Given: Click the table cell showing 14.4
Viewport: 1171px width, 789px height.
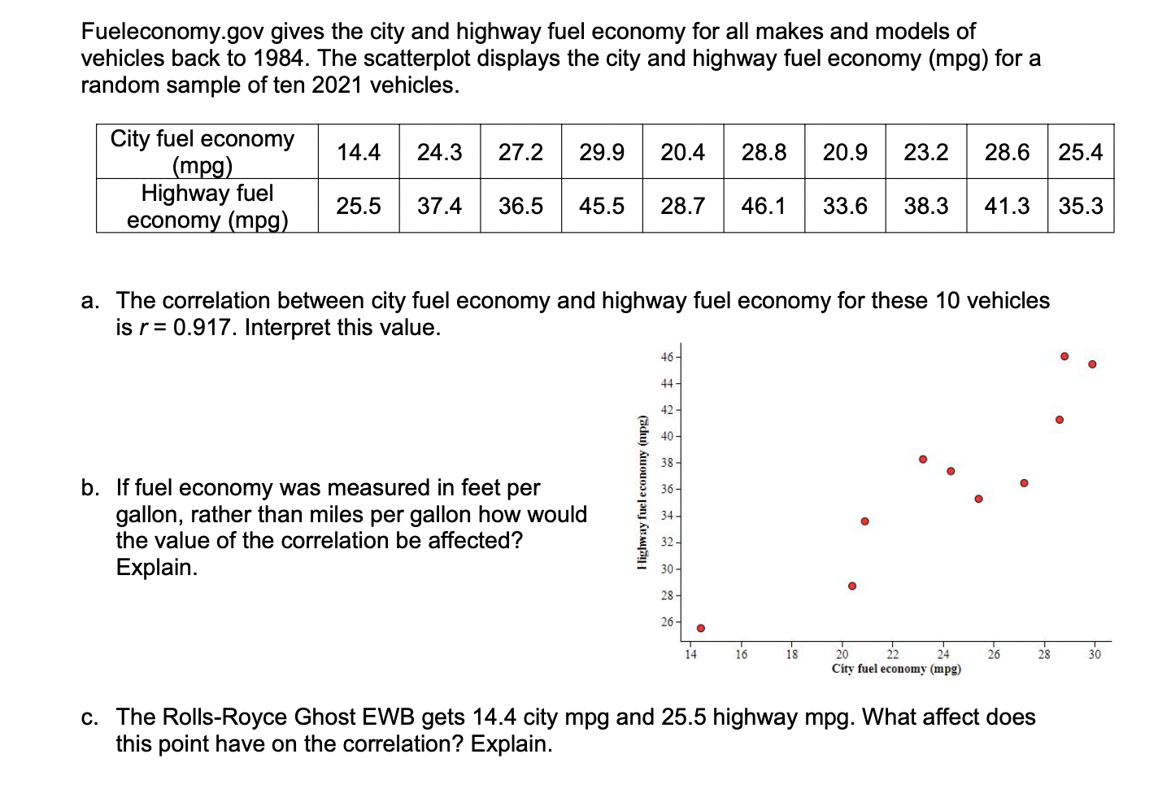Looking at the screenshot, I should pyautogui.click(x=359, y=152).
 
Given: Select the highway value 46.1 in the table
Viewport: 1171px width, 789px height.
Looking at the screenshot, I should pyautogui.click(x=764, y=206).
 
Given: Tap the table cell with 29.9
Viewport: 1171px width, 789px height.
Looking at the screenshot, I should pyautogui.click(x=602, y=152).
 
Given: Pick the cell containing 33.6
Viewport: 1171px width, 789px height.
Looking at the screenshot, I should pyautogui.click(x=845, y=206).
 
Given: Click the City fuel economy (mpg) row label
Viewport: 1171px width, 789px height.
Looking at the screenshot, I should pyautogui.click(x=202, y=152).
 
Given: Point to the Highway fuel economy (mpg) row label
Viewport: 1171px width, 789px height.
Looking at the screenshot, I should pyautogui.click(x=207, y=206).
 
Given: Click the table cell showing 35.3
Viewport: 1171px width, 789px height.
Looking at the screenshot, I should pyautogui.click(x=1081, y=206).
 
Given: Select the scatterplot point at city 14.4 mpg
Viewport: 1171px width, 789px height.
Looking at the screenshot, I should pyautogui.click(x=700, y=628).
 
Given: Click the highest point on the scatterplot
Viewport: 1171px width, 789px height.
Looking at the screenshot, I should pyautogui.click(x=1064, y=356).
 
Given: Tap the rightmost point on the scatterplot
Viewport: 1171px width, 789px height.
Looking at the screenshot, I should pyautogui.click(x=1092, y=364).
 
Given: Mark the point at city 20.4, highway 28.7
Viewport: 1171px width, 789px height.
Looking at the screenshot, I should pyautogui.click(x=852, y=586).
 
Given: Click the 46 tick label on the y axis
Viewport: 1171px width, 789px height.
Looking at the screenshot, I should pyautogui.click(x=667, y=357).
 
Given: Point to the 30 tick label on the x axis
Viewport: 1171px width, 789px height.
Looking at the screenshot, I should pyautogui.click(x=1095, y=654).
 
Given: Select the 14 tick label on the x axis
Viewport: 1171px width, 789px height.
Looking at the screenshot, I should pyautogui.click(x=690, y=654).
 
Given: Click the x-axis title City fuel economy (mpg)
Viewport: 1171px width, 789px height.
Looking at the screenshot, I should pyautogui.click(x=896, y=669).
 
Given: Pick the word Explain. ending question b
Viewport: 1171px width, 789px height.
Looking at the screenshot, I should pyautogui.click(x=157, y=568).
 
